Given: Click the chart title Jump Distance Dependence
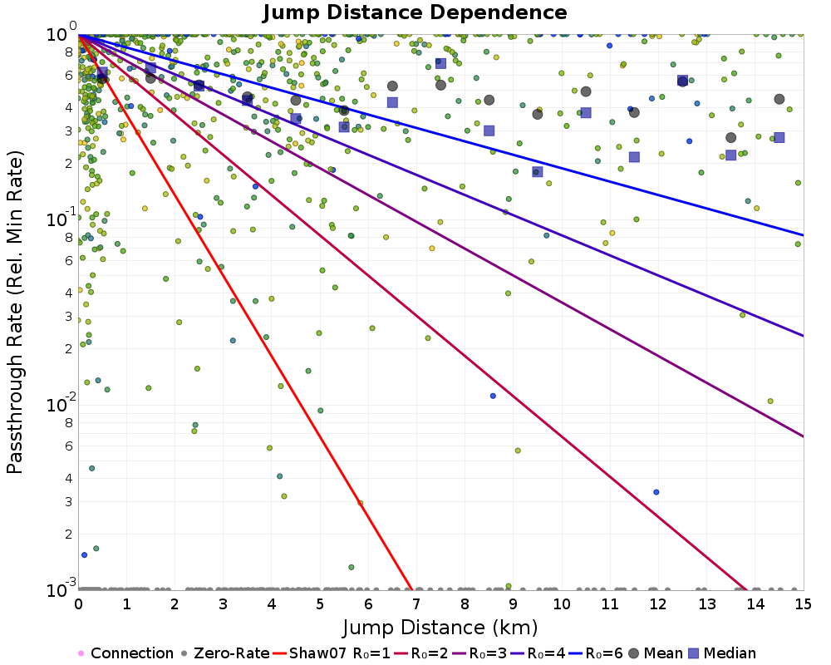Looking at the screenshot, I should [x=415, y=12].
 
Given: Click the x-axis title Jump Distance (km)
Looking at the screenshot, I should [x=440, y=626].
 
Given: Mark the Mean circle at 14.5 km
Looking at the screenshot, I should [x=779, y=99].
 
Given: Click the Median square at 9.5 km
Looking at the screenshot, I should [x=538, y=172].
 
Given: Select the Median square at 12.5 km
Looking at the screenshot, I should [x=682, y=81].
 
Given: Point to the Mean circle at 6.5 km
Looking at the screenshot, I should [x=392, y=86].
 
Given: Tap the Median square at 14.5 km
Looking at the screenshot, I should [x=779, y=137].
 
